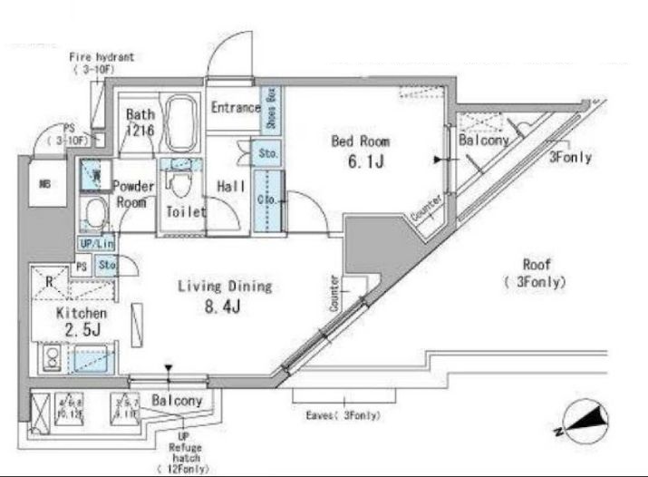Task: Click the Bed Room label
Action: (360, 141)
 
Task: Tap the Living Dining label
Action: (225, 287)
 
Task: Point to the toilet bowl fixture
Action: (179, 186)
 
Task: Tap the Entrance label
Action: (235, 108)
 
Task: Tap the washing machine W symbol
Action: (92, 172)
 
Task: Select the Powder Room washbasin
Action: (93, 215)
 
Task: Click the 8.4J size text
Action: (224, 307)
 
